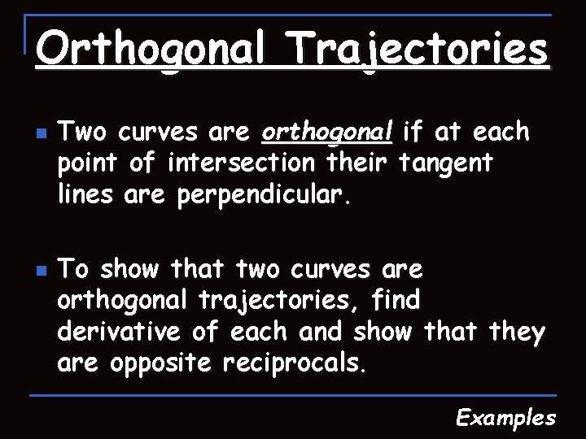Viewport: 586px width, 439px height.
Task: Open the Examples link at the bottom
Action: point(505,418)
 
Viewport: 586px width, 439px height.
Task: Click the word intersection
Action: point(241,163)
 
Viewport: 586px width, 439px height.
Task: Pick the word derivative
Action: point(121,333)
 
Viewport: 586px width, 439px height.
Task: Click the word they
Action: point(516,333)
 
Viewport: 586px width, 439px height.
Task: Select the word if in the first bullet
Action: point(414,132)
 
